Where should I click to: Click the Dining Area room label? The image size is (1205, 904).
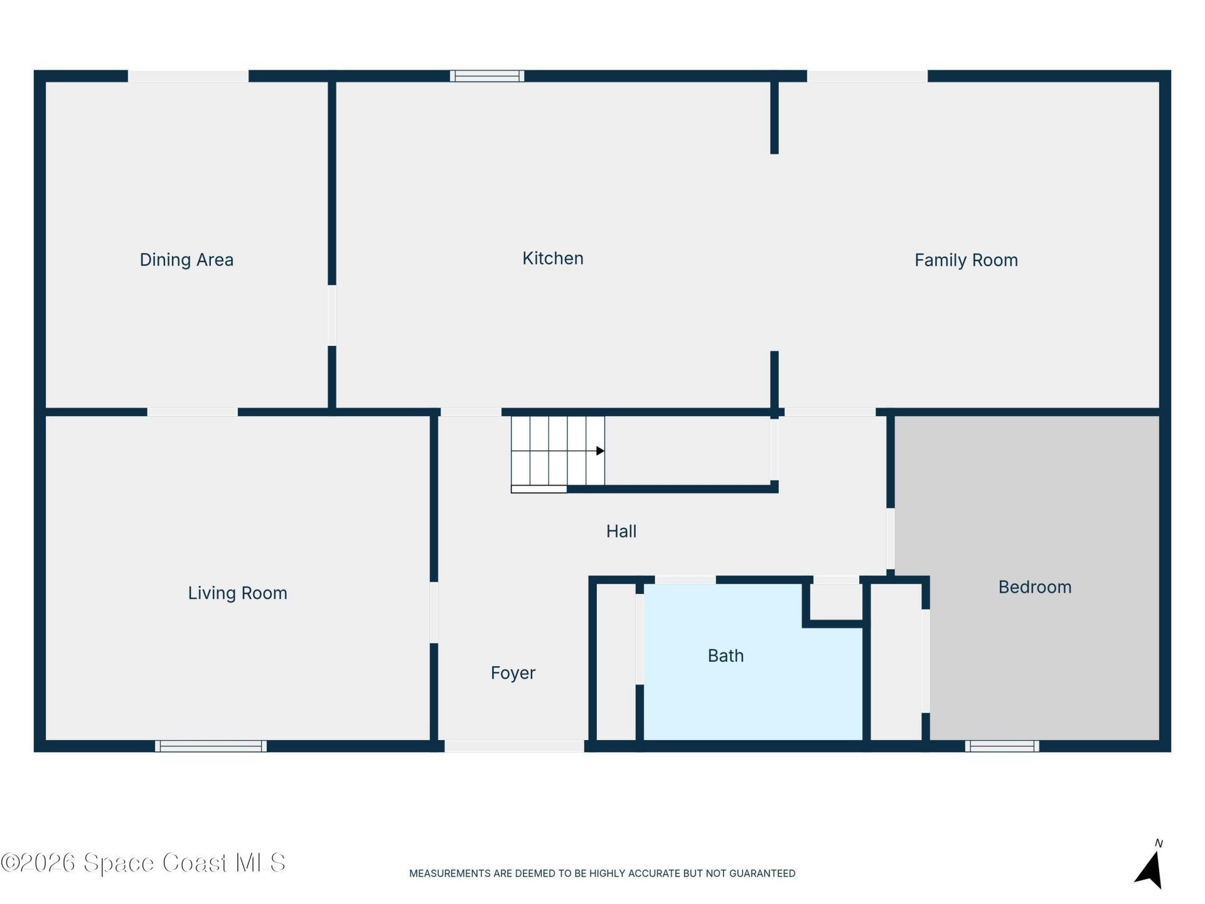pos(186,260)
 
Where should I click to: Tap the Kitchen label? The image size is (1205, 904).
pos(553,258)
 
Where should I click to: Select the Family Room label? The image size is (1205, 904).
pos(966,261)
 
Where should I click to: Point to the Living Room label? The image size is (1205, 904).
pos(238,593)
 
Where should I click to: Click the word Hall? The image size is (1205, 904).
pos(621,532)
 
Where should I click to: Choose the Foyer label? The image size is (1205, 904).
pos(513,673)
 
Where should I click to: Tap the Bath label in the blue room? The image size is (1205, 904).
pos(726,656)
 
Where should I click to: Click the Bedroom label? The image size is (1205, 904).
pos(1035,588)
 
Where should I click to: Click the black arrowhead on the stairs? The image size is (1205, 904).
pos(600,451)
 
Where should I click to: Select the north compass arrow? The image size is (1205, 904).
pos(1150,869)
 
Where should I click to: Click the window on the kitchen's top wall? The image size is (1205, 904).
pos(487,76)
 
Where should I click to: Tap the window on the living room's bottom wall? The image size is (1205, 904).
pos(211,746)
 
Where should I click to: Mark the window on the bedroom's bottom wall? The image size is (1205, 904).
pos(1002,746)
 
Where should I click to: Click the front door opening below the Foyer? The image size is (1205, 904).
pos(515,746)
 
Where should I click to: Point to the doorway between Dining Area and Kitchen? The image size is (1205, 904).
pos(332,315)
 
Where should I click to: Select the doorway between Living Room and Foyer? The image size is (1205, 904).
pos(434,613)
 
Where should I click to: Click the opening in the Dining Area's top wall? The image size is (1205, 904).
pos(188,76)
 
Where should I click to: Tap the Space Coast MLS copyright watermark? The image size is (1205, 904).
pos(143,863)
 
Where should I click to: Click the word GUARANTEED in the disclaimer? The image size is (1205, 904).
pos(761,873)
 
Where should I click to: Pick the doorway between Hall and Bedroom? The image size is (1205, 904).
pos(891,539)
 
